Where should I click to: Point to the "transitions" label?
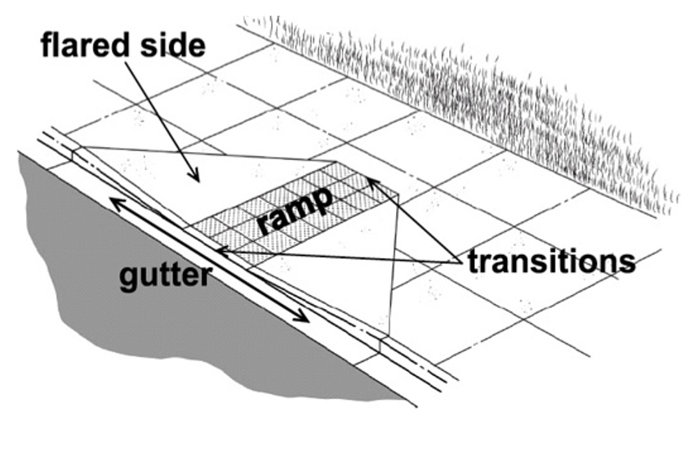[551, 261]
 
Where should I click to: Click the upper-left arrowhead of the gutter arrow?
[114, 202]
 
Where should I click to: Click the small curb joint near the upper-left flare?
[76, 152]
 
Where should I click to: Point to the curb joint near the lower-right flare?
[381, 338]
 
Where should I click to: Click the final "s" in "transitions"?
[628, 261]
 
